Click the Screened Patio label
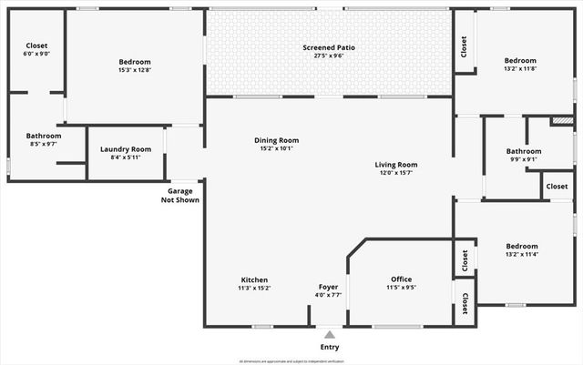point(329,47)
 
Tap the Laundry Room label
point(126,149)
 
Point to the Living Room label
point(395,165)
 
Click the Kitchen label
point(254,279)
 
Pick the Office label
point(401,279)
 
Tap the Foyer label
point(328,287)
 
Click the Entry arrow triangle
point(329,335)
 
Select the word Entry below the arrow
point(329,348)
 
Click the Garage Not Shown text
point(180,196)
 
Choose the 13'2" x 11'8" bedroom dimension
point(521,69)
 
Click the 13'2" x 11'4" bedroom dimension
point(521,254)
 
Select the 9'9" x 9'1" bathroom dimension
point(524,159)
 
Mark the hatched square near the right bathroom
point(562,120)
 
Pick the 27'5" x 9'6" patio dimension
point(329,56)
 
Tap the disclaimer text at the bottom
point(291,361)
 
